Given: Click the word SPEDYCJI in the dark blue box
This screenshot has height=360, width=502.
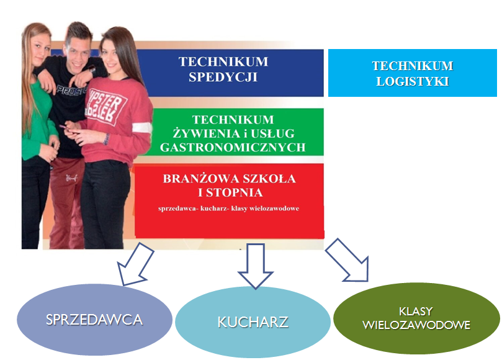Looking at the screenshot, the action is coord(223,77).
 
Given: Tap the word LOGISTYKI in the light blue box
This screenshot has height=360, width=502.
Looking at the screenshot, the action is coord(413,81).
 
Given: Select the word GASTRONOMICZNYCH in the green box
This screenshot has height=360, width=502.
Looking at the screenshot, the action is coord(233,147).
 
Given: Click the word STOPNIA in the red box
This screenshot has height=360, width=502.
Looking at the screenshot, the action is coord(235,192).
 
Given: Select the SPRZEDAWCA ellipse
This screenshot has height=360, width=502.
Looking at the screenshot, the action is coord(94,319).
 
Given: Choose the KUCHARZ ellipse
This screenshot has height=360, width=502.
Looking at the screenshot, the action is coord(253,322).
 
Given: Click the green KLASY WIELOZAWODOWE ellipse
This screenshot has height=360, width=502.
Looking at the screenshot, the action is coord(416,318).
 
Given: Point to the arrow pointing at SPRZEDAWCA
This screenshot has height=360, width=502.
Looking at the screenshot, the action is coord(135,264).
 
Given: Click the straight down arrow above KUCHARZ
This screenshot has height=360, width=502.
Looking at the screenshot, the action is coord(256,266).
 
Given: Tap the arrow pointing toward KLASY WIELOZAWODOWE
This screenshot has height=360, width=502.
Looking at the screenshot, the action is coord(347,260).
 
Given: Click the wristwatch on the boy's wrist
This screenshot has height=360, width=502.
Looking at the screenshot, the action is coord(92,70).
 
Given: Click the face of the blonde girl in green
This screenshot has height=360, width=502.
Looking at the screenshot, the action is coord(42,48).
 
